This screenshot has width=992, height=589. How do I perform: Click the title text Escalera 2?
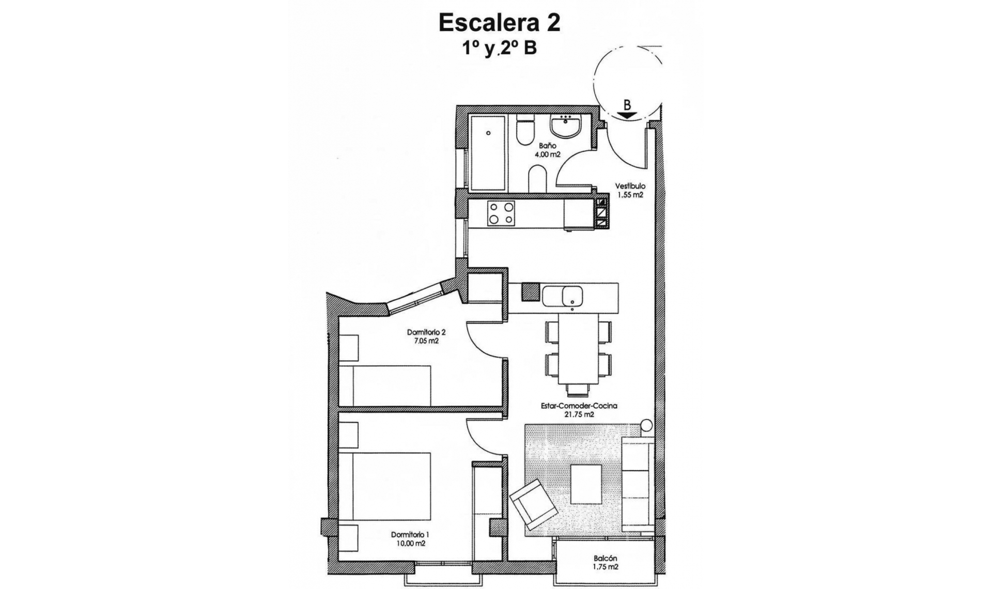[499, 23]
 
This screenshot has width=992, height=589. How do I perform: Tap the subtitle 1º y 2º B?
[499, 49]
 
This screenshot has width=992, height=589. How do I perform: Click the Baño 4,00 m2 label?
[547, 150]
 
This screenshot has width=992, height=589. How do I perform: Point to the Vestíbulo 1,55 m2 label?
[630, 190]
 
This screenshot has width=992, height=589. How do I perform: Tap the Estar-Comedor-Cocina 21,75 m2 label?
[579, 410]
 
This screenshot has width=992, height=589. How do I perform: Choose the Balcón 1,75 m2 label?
[605, 562]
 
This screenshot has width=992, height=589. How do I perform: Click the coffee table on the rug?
[586, 484]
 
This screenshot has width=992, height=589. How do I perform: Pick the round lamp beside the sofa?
[646, 425]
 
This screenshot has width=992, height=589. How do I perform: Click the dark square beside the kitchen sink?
[530, 292]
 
